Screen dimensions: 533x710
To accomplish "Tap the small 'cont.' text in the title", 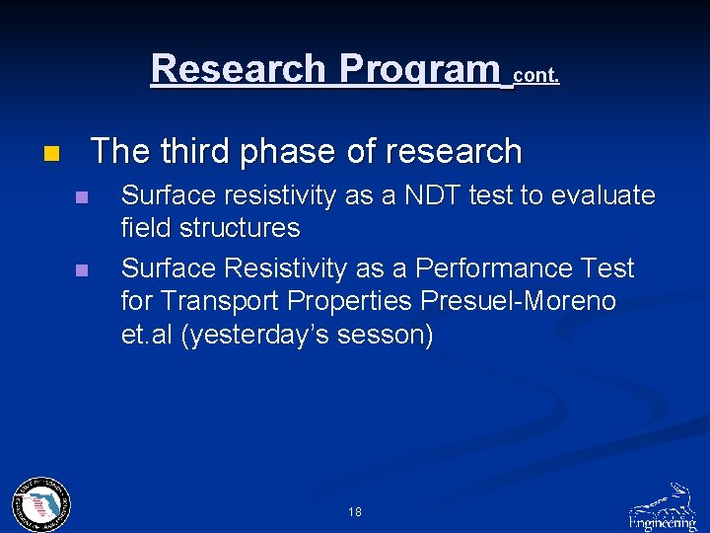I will [536, 75].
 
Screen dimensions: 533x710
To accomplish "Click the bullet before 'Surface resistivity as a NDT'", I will [82, 197].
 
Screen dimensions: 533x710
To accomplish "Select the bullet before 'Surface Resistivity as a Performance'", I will [82, 269].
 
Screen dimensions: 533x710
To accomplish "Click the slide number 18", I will [355, 512].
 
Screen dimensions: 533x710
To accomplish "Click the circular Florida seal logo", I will [40, 504].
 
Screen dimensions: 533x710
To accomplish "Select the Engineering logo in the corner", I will [663, 507].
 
